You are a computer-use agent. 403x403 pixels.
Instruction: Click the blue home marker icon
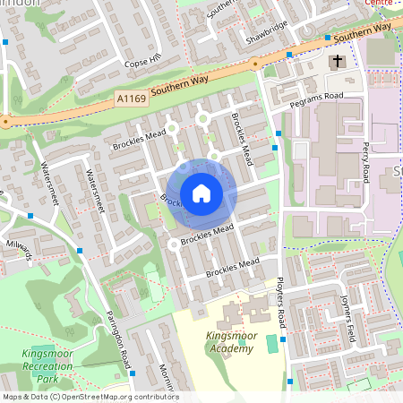tap(201, 193)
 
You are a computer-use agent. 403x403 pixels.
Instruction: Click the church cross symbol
tap(338, 62)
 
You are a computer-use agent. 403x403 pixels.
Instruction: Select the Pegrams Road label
tap(316, 99)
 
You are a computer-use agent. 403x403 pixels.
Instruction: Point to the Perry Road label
tap(365, 162)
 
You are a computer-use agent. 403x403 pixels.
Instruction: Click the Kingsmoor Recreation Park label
tap(44, 367)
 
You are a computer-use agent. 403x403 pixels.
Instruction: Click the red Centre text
tap(382, 3)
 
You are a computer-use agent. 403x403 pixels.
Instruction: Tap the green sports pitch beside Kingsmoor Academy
tap(271, 343)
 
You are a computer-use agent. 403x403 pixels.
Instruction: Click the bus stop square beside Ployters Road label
tap(283, 339)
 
